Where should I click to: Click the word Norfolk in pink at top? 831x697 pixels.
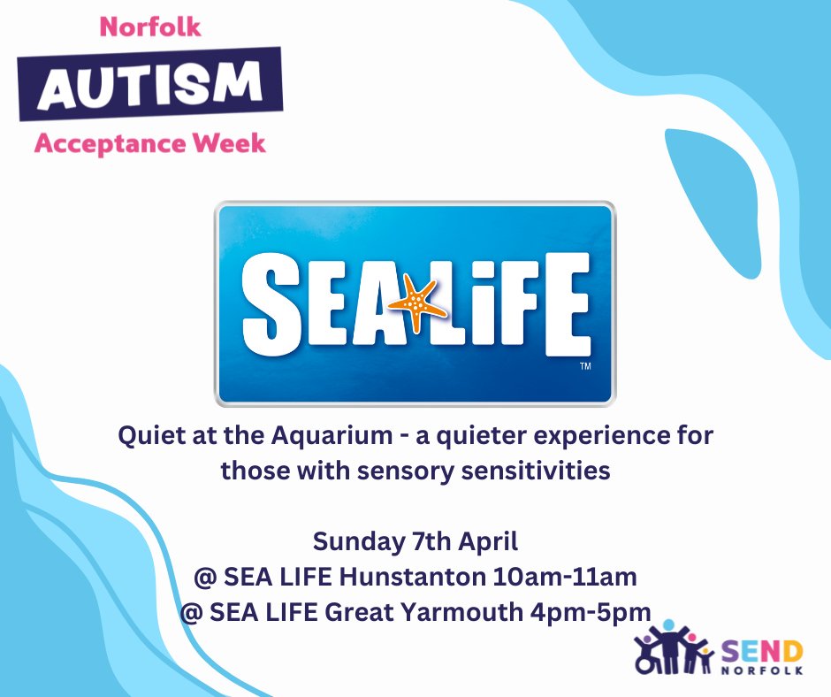pos(150,27)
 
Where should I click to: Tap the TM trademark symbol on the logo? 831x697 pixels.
pos(584,365)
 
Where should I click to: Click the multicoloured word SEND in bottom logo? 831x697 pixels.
pos(759,652)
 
